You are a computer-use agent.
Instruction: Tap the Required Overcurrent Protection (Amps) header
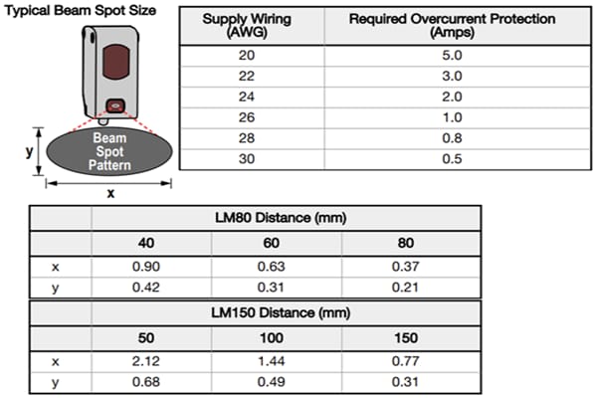tap(453, 26)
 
